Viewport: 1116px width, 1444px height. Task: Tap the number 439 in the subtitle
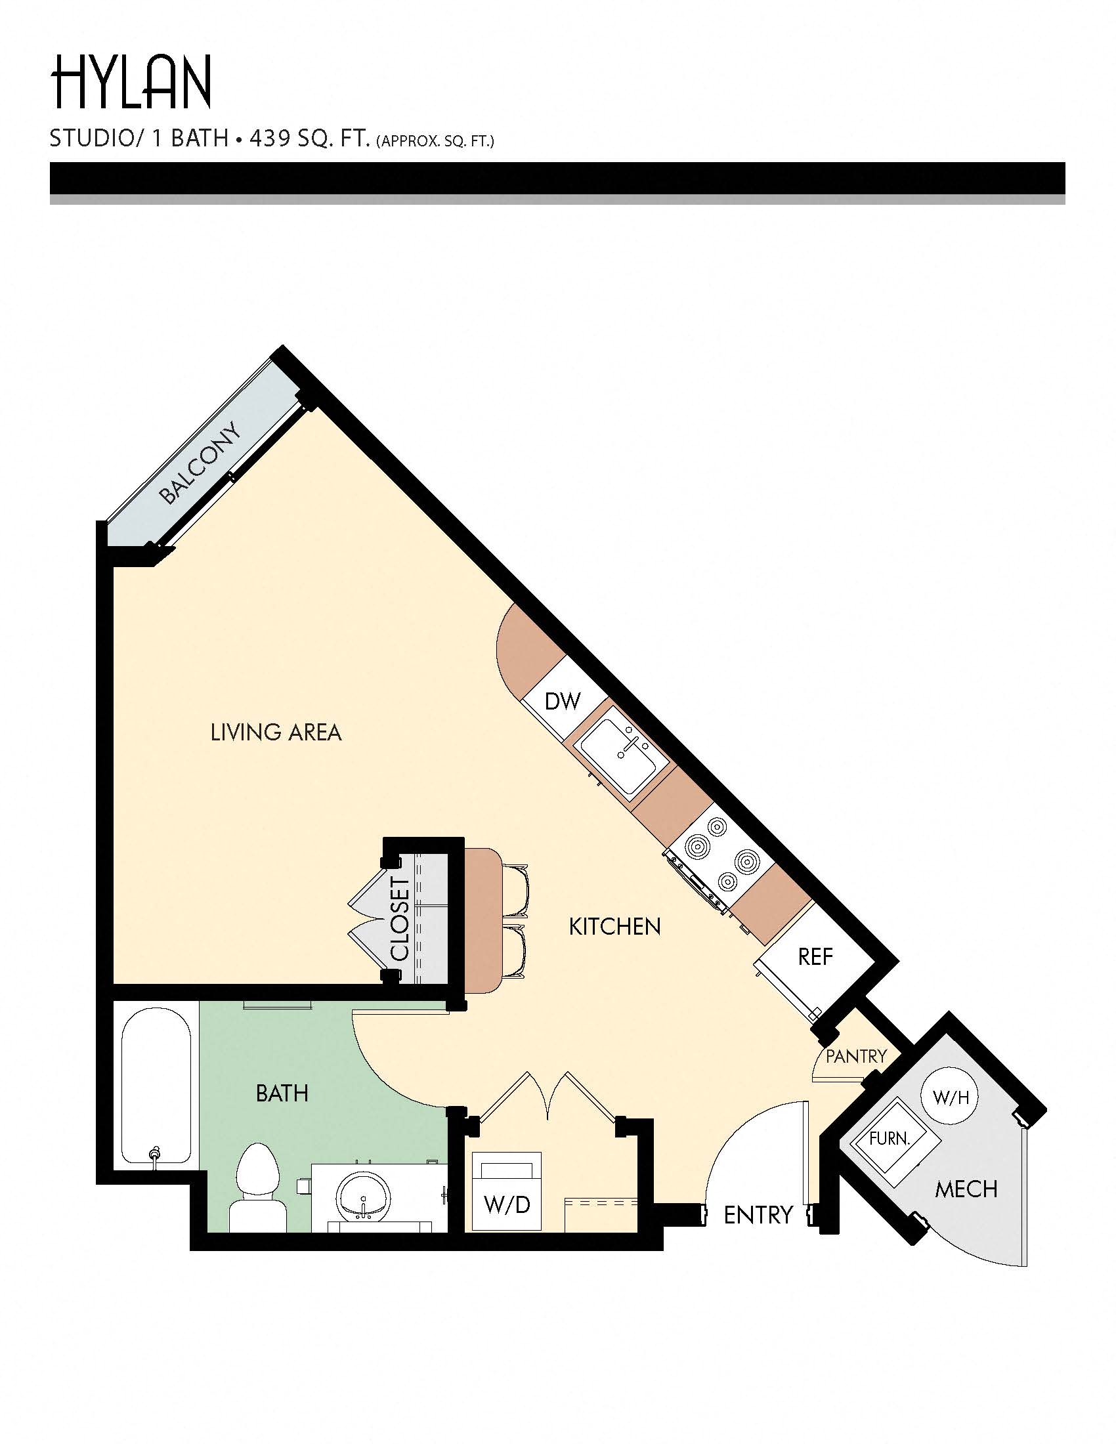point(269,139)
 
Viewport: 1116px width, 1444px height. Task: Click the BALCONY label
point(200,463)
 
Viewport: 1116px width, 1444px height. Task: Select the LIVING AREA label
point(276,733)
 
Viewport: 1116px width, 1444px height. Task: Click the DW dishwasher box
point(563,701)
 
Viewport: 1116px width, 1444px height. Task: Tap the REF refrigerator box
point(815,957)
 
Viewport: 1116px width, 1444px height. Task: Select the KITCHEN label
point(615,927)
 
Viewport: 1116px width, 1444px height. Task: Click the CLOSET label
point(400,919)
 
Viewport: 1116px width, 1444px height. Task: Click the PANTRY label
point(855,1057)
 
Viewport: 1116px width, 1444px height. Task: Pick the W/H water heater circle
point(950,1098)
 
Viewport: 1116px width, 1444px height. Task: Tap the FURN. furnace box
point(890,1139)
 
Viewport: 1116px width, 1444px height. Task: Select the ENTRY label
point(758,1215)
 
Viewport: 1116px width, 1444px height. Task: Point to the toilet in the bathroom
point(258,1190)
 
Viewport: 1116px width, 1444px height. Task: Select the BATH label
point(282,1094)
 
